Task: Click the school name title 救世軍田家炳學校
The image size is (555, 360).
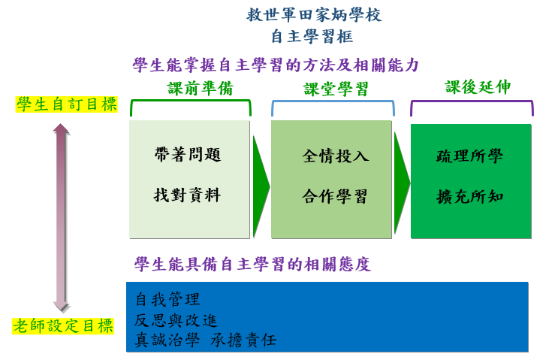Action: [314, 15]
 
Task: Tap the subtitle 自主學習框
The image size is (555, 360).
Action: [312, 37]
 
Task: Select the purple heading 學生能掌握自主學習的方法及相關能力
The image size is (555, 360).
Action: [276, 65]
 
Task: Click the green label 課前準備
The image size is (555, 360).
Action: [201, 88]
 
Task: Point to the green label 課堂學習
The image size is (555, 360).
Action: [336, 89]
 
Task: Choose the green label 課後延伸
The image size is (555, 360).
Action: [478, 87]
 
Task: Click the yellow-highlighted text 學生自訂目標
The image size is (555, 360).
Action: [67, 104]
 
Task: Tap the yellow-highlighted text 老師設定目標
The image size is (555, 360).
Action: [63, 326]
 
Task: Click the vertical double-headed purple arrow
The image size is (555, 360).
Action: [62, 218]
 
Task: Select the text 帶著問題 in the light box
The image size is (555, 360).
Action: [188, 155]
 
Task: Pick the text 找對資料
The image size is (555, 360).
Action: [188, 195]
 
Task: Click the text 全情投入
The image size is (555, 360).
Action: [336, 156]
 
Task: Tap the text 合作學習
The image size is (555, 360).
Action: [334, 196]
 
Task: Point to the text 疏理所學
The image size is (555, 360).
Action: [469, 156]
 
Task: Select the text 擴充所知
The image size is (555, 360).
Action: [469, 197]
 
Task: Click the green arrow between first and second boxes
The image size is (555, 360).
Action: [261, 186]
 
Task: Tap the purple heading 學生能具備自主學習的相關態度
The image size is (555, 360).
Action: [252, 265]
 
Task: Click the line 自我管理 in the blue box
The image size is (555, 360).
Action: [167, 299]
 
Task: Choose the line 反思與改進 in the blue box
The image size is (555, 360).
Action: [176, 320]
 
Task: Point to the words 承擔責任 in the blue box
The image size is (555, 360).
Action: [243, 340]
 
